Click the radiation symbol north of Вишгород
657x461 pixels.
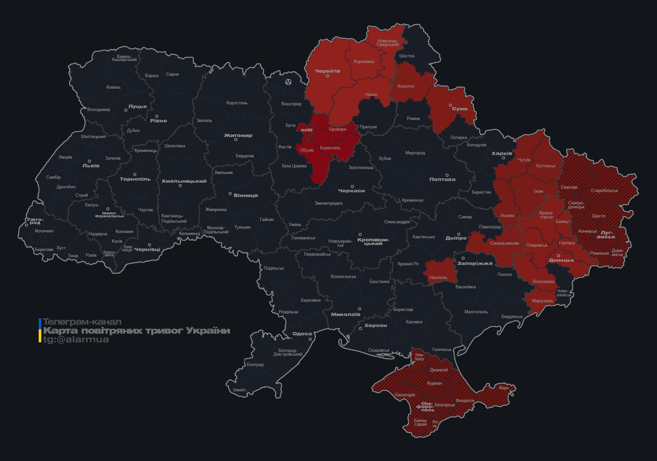[288, 82]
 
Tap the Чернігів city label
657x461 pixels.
[327, 71]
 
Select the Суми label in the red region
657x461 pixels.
[460, 109]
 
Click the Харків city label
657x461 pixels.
[502, 153]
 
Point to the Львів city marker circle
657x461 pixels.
[89, 161]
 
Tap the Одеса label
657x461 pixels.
[302, 334]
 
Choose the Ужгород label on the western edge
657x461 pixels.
[35, 221]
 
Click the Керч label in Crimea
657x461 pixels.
[504, 388]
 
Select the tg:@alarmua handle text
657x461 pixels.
[76, 339]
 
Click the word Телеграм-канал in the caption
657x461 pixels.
[82, 322]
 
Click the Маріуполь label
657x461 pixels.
[542, 301]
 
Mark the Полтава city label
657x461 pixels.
[442, 179]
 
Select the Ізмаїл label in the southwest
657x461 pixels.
[239, 390]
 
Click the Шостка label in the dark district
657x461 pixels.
[407, 56]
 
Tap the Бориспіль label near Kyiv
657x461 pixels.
[330, 148]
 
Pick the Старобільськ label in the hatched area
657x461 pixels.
[604, 190]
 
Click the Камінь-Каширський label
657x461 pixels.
[124, 58]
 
